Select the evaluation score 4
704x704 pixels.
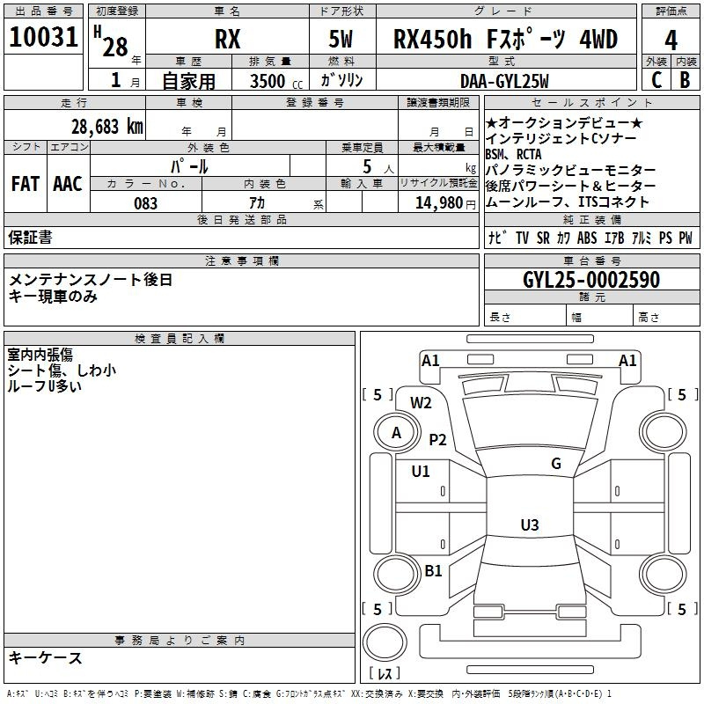[671, 40]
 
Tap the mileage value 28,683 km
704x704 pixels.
[106, 126]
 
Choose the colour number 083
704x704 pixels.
[146, 202]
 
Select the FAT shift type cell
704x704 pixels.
[26, 184]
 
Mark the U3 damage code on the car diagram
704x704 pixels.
[529, 525]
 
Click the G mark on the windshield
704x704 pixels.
[555, 464]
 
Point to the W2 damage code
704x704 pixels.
[422, 403]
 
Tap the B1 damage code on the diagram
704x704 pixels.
[433, 571]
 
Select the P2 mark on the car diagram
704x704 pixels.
[437, 440]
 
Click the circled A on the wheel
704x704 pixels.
[396, 432]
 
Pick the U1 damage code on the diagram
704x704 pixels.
[421, 471]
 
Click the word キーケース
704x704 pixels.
[46, 657]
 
